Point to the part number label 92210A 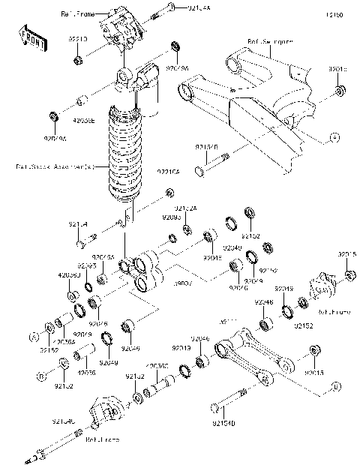(168, 172)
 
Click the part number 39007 (183, 286)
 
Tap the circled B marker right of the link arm (334, 386)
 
